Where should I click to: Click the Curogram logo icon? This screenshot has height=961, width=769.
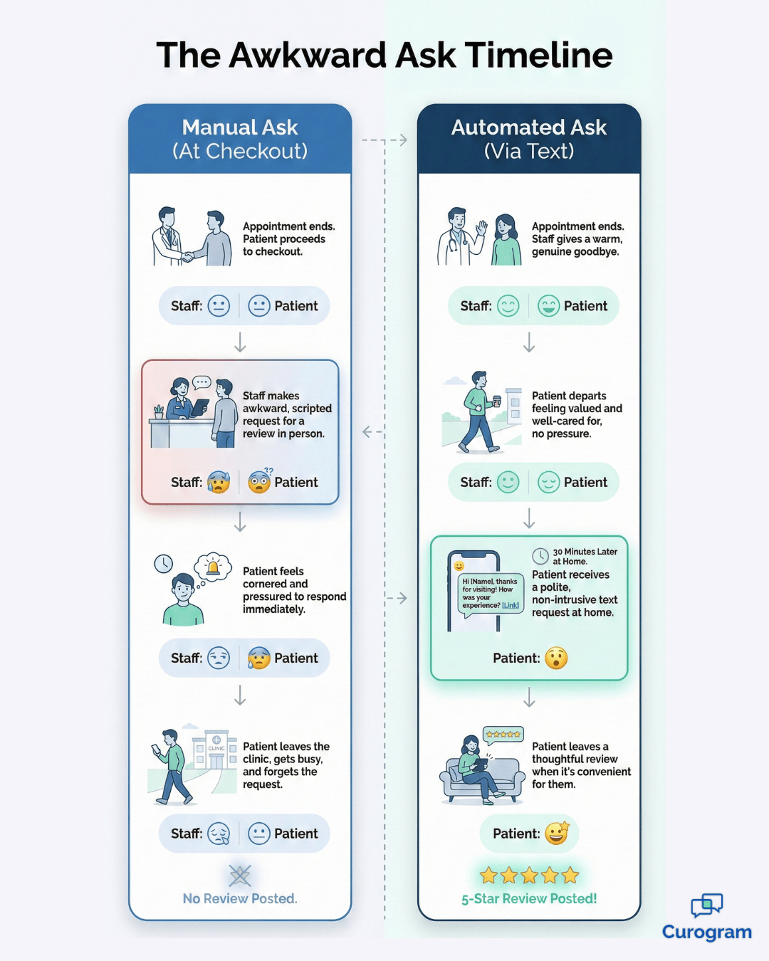[x=706, y=905]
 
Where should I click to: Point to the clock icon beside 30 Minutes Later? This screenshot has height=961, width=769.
[x=540, y=556]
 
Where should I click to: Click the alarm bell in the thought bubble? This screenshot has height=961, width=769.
[x=213, y=567]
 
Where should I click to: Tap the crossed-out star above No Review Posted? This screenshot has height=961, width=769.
[x=240, y=876]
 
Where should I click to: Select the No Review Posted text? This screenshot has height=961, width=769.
[x=240, y=899]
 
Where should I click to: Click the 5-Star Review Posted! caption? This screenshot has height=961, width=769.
[x=529, y=899]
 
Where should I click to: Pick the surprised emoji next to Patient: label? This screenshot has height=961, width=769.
[x=556, y=658]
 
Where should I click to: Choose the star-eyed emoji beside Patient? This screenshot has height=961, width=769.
[x=557, y=833]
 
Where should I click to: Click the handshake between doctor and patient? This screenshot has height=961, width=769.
[x=187, y=256]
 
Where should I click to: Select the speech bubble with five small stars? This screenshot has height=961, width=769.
[x=503, y=735]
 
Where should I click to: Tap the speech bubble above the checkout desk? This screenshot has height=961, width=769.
[x=202, y=382]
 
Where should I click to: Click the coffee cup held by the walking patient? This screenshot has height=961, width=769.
[x=496, y=401]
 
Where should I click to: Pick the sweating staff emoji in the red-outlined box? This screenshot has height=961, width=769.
[x=219, y=483]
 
